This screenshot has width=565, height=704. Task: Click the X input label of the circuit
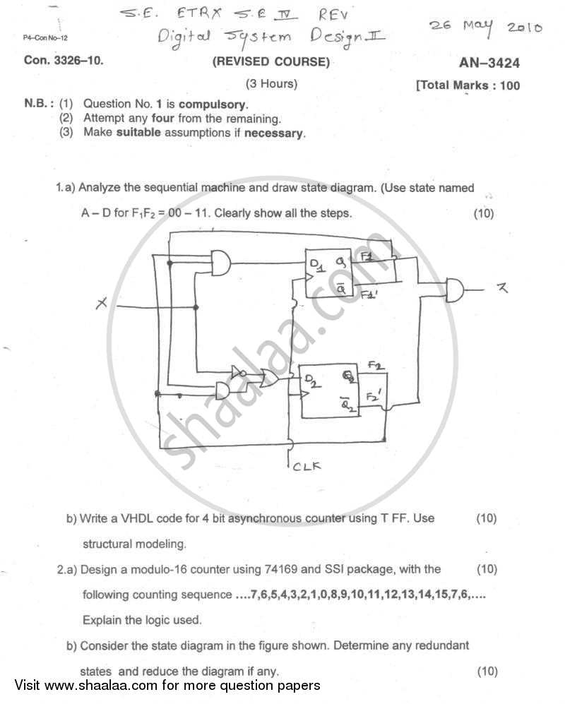click(x=101, y=303)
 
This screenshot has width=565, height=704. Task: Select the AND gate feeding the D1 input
click(x=222, y=263)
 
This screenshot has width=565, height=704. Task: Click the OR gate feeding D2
click(x=269, y=378)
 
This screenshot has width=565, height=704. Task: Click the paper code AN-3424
click(x=489, y=63)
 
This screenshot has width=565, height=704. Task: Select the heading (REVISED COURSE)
click(x=271, y=62)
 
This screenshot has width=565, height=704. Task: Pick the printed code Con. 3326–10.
click(x=64, y=61)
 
